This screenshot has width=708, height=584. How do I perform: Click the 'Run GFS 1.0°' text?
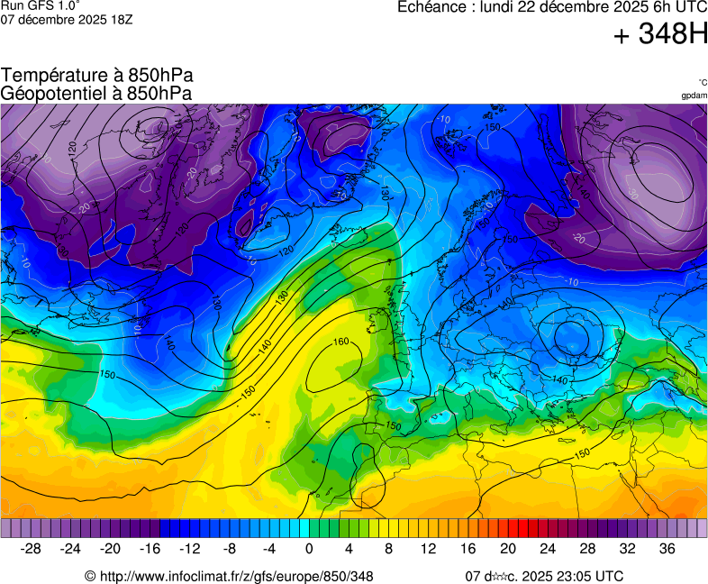click(x=40, y=5)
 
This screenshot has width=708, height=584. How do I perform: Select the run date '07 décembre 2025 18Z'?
click(x=66, y=19)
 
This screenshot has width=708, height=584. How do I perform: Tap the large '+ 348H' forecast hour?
click(x=659, y=35)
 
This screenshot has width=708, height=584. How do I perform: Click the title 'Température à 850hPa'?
click(x=96, y=76)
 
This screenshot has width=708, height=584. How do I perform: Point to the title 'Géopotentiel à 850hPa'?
click(x=96, y=92)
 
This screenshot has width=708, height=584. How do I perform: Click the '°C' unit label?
click(x=702, y=83)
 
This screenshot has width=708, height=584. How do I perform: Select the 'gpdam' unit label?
click(x=694, y=96)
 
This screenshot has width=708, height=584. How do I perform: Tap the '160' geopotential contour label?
click(x=340, y=342)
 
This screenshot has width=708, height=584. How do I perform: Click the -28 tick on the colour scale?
click(x=31, y=549)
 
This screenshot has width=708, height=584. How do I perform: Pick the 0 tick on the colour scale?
click(x=309, y=549)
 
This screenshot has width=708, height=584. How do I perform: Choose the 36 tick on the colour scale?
click(x=667, y=549)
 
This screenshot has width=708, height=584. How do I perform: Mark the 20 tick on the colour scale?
click(x=508, y=549)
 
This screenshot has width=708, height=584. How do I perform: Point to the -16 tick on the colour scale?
click(x=150, y=549)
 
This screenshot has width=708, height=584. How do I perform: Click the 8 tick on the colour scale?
click(x=388, y=549)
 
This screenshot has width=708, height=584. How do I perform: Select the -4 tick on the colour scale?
click(x=268, y=549)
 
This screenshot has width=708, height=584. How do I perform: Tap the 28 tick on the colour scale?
click(x=587, y=549)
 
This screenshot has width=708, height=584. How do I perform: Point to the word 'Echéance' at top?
click(x=431, y=7)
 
